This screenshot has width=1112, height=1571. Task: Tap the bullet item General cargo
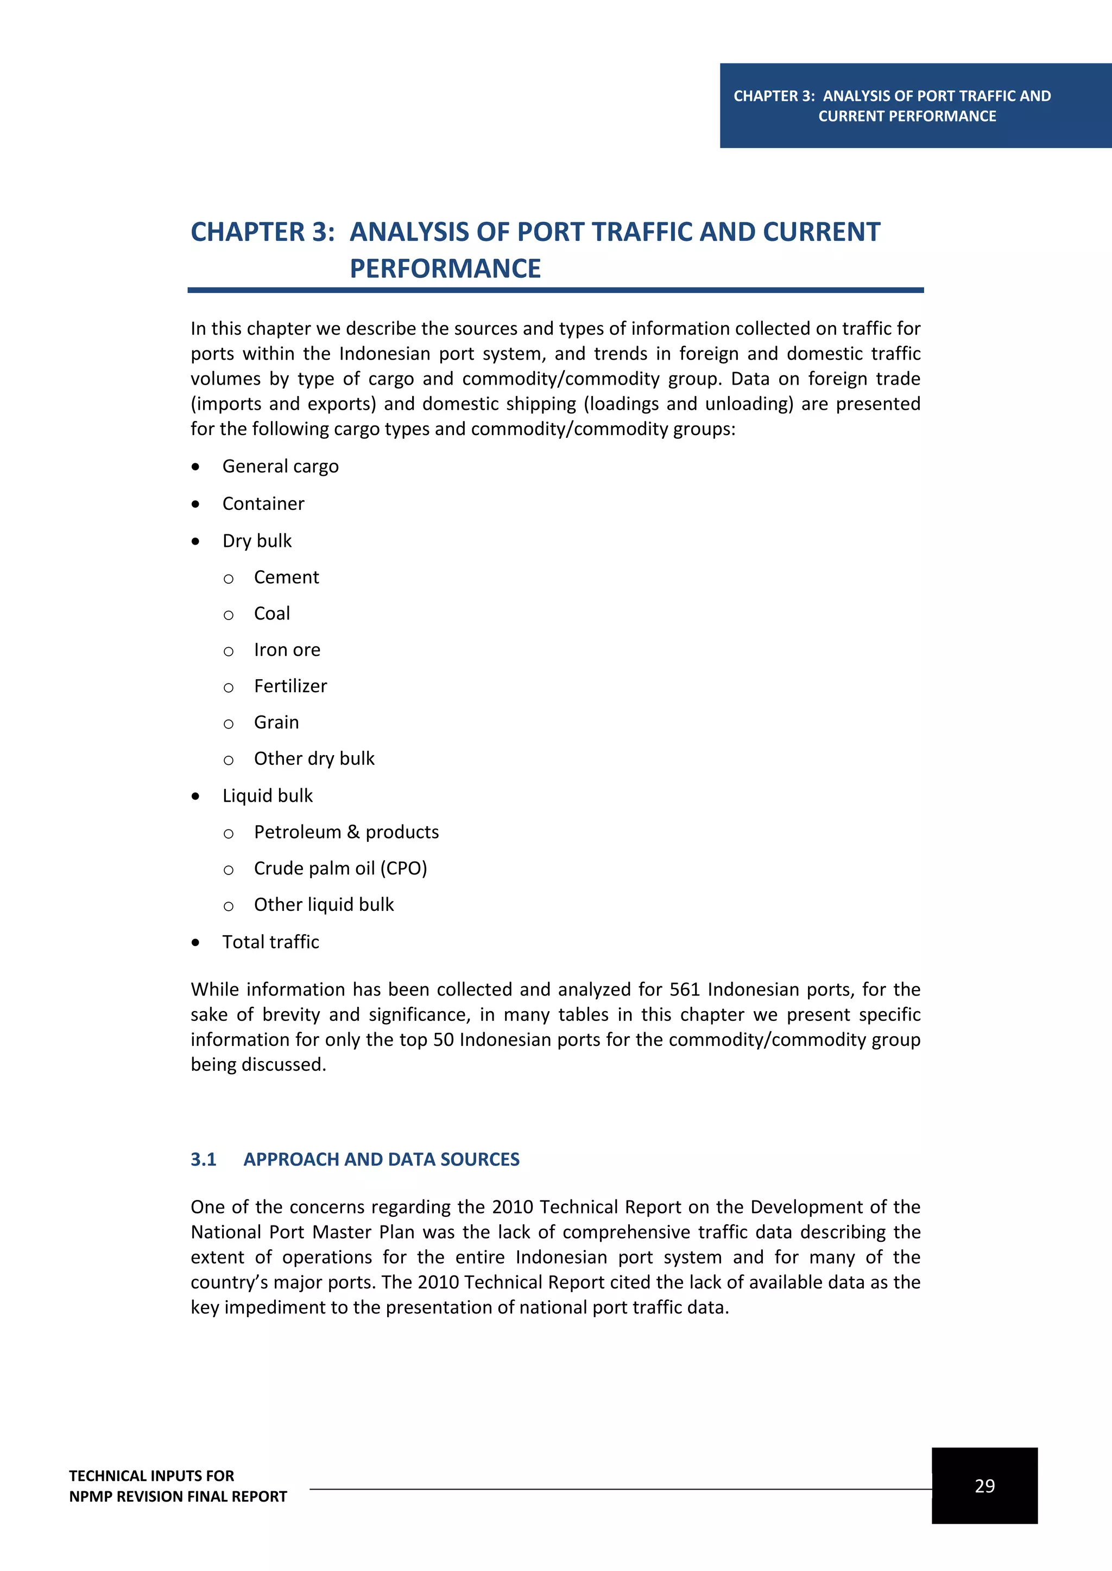[280, 466]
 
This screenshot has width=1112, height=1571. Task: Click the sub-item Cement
[286, 578]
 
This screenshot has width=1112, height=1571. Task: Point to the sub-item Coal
[272, 614]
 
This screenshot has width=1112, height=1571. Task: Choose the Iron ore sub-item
[287, 650]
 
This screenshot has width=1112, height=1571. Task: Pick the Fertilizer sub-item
[290, 686]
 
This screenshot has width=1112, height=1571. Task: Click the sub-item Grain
[276, 723]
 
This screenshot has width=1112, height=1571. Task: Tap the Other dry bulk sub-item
[314, 759]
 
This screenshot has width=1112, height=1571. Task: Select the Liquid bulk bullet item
[267, 796]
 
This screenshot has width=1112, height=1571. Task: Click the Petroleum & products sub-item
[346, 832]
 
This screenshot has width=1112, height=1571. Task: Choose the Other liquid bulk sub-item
[324, 904]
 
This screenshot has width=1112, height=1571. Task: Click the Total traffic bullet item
[270, 942]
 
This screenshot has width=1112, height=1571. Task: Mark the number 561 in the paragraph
[684, 989]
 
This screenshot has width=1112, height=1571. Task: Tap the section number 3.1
[204, 1159]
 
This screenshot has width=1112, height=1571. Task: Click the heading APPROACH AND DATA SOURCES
[381, 1159]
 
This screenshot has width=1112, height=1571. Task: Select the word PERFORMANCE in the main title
[445, 268]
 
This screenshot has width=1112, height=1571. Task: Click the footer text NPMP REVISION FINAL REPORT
[178, 1497]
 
